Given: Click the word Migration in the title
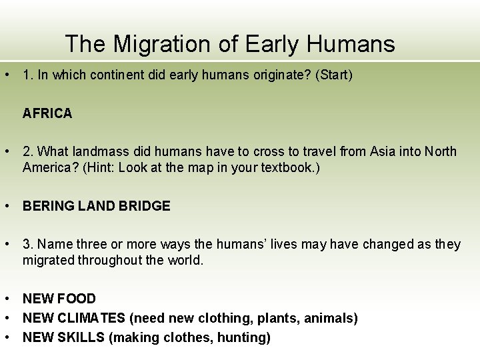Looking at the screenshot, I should point(159,44).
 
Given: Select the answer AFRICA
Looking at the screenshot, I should point(47,113).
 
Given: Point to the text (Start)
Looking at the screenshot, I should point(334,75).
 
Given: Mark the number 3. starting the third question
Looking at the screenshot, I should point(29,244).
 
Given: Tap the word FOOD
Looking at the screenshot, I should point(78,299).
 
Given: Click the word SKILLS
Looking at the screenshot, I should point(83,337).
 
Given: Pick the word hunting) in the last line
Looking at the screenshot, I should point(247,337).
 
